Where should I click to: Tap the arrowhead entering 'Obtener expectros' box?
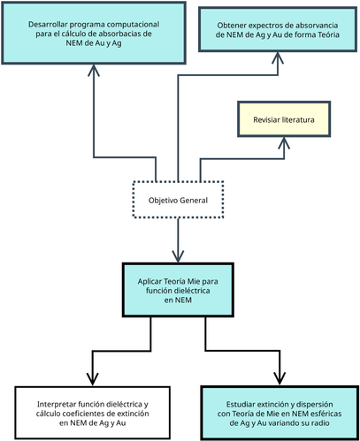pyautogui.click(x=278, y=58)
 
